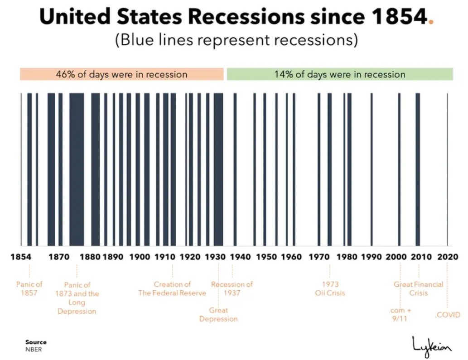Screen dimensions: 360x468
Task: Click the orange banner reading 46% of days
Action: point(121,74)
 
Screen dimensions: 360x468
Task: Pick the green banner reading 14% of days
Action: point(340,74)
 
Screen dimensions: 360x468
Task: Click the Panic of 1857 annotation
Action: point(29,288)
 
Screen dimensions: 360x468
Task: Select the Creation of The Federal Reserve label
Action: point(172,288)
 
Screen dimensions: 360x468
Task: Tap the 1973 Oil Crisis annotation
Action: point(330,288)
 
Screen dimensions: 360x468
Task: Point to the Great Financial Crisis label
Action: point(419,288)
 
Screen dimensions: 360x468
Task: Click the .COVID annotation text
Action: point(448,315)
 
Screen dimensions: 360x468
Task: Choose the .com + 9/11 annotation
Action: point(400,315)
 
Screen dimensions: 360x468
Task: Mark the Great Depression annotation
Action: point(218,315)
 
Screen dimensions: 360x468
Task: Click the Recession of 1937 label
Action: point(232,288)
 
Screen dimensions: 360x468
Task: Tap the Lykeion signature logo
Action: point(432,346)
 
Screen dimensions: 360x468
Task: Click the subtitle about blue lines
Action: point(236,40)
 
